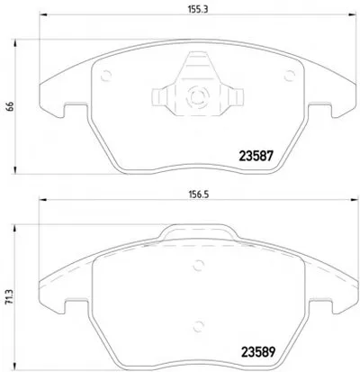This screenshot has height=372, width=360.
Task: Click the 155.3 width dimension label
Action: click(x=198, y=9)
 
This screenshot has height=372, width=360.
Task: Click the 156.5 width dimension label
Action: click(x=198, y=195)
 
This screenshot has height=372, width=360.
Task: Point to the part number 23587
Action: click(x=256, y=156)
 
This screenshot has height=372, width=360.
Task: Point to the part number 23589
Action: click(x=258, y=352)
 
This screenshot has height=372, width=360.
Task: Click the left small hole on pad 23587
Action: click(x=106, y=76)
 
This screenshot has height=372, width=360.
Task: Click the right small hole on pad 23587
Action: click(x=290, y=76)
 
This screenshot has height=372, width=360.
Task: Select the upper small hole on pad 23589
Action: click(x=198, y=266)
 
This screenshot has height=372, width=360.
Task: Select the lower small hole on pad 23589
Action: click(x=198, y=326)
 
